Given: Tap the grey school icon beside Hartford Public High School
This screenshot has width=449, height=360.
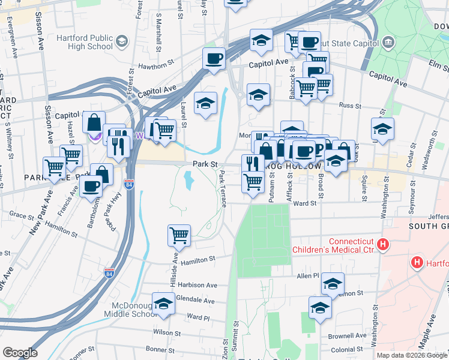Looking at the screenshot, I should pos(122,41).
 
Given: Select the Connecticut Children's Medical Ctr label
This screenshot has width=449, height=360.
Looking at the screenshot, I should pos(333,245).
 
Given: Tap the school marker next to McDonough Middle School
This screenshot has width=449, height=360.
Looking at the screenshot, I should pos(163,304).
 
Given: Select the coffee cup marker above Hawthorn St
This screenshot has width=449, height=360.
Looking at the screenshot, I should pos(214,59).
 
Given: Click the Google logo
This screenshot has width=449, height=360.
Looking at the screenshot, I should pos(20,353).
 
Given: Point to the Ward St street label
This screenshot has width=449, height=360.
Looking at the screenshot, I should pos(305,203).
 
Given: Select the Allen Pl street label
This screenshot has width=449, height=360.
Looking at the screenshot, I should pos(307,275).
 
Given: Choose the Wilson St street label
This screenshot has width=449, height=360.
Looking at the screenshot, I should pos(166,332).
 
